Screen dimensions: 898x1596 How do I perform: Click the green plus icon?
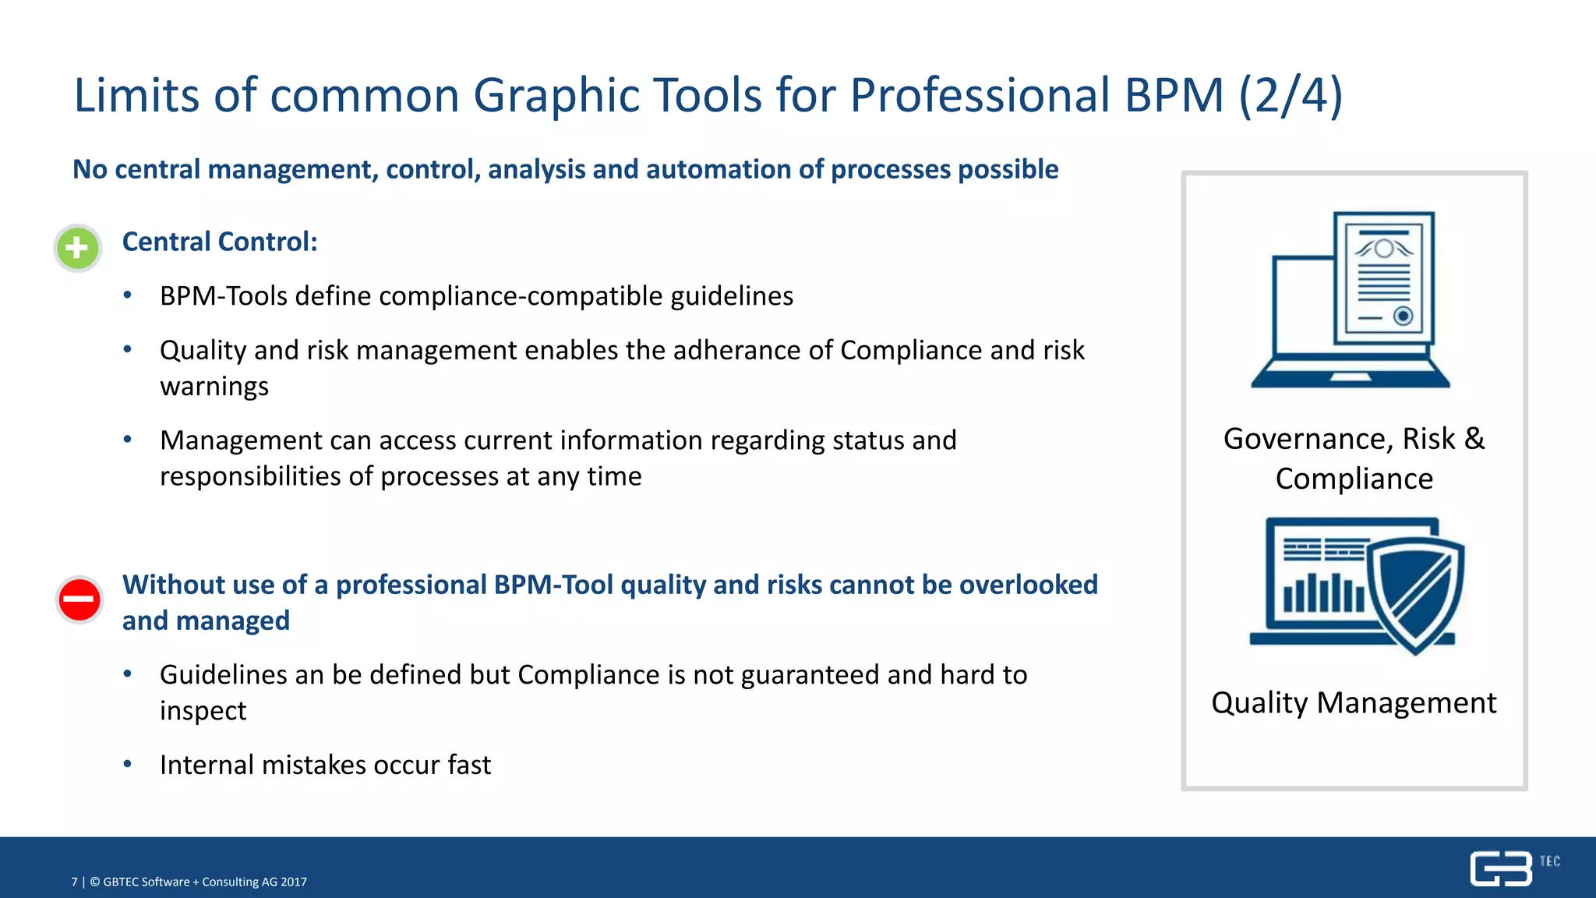click(x=77, y=249)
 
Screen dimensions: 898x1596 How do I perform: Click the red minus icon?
click(x=79, y=599)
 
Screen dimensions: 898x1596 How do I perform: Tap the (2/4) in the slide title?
click(x=1291, y=95)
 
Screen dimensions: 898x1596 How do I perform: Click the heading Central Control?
click(x=220, y=242)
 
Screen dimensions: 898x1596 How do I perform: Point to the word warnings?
click(x=214, y=387)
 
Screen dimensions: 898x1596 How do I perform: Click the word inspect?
click(x=203, y=711)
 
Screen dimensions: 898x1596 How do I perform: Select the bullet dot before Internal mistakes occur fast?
click(x=128, y=764)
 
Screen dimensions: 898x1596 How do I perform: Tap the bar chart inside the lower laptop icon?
click(x=1323, y=593)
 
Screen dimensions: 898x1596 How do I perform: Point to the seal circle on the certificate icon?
click(x=1403, y=316)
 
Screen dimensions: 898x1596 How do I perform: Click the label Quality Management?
click(x=1354, y=703)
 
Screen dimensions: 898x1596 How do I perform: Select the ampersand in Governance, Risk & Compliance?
click(x=1474, y=438)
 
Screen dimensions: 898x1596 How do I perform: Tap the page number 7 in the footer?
click(x=75, y=882)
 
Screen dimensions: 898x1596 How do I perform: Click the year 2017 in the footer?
click(x=294, y=882)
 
